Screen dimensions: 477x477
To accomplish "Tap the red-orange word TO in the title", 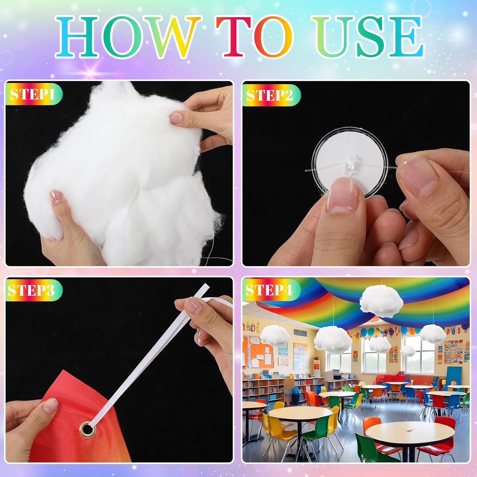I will click(x=259, y=37).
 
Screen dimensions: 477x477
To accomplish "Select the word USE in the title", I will click(x=369, y=37).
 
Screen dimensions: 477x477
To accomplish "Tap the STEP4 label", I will click(x=269, y=290).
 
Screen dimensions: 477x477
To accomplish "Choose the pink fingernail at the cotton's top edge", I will click(x=176, y=118).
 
